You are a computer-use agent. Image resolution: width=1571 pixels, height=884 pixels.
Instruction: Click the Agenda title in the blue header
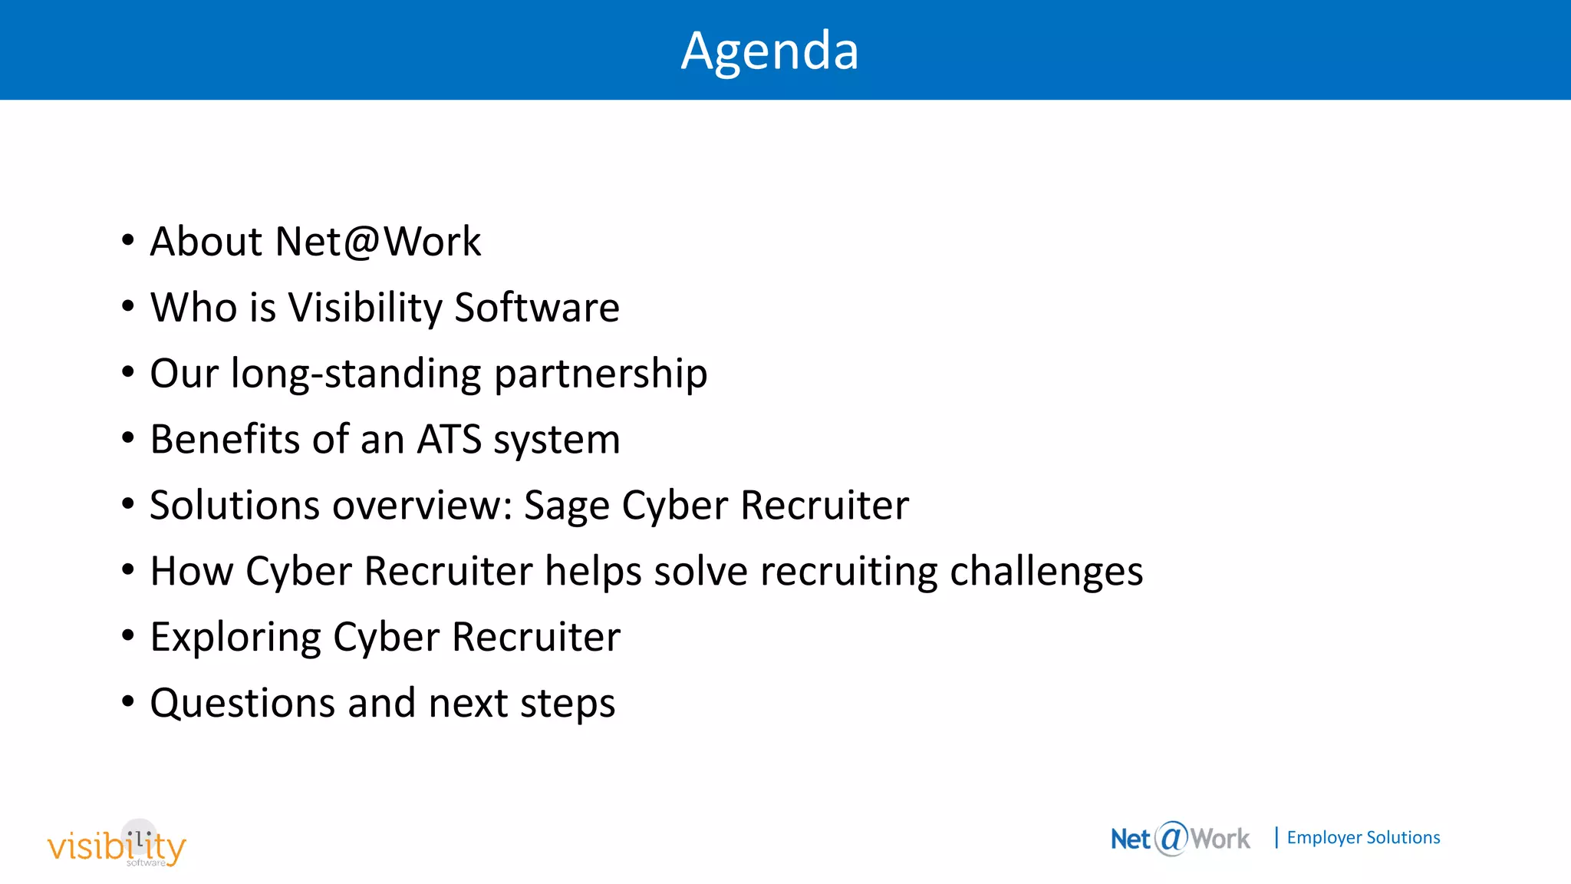tap(769, 51)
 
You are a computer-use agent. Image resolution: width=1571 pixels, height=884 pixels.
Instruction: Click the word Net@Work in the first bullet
tap(378, 242)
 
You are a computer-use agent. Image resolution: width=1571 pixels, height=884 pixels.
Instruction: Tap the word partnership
tap(601, 374)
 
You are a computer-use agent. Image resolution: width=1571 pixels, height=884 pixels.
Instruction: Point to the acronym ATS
tap(449, 440)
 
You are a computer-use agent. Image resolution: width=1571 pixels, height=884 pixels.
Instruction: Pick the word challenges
tap(1046, 572)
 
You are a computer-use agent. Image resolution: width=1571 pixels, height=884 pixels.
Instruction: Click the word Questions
tap(242, 703)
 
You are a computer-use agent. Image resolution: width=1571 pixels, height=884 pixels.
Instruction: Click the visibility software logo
tap(117, 845)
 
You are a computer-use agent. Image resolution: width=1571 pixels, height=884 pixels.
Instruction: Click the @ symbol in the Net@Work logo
tap(1171, 838)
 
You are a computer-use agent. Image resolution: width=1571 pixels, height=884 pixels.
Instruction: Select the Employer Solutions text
tap(1363, 838)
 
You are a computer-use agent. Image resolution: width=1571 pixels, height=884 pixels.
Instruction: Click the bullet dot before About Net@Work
tap(128, 241)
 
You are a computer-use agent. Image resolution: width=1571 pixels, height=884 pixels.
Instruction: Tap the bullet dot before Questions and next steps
tap(128, 701)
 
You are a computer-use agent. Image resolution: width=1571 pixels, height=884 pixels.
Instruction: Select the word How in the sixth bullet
tap(191, 572)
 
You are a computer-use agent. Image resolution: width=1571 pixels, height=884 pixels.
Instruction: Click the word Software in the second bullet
tap(536, 308)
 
